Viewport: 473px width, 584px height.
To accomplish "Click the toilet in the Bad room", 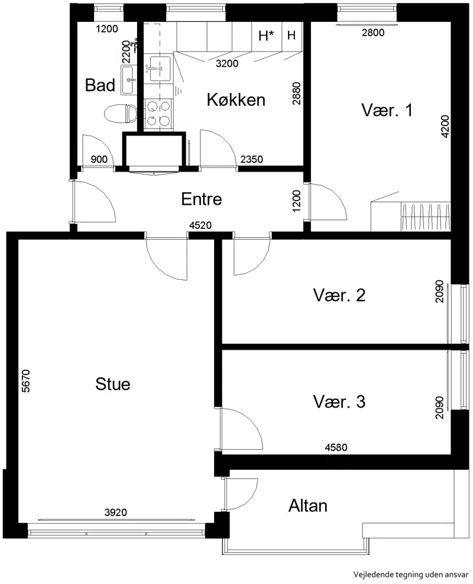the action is pos(120,114).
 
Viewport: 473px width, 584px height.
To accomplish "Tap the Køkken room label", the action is pos(236,100).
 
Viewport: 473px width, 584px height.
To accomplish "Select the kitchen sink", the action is pos(160,69).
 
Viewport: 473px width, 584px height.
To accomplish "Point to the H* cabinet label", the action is pos(266,36).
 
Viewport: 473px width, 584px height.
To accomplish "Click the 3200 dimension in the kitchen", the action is pos(227,63).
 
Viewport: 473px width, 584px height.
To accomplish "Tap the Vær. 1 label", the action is pos(387,110).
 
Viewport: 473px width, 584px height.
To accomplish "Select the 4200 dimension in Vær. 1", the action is pos(445,127).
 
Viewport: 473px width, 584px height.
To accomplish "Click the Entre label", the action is pos(202,199).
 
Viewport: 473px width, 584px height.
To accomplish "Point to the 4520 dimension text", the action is pos(200,225).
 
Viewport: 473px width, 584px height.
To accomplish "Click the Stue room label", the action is pos(113,384).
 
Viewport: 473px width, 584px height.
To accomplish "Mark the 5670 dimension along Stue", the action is pos(25,380).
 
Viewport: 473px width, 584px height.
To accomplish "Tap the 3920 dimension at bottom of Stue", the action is pos(115,512).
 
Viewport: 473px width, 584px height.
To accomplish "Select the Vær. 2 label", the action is pos(339,295).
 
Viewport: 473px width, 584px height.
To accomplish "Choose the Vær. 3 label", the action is pos(339,402).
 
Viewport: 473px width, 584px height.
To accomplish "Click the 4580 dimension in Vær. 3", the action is pos(336,447).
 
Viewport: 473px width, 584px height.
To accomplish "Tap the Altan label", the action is pos(308,506).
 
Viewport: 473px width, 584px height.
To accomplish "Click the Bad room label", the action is pos(100,85).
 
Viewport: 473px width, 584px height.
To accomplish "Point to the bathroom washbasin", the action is pos(129,80).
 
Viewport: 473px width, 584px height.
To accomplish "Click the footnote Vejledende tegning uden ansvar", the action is pos(411,574).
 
